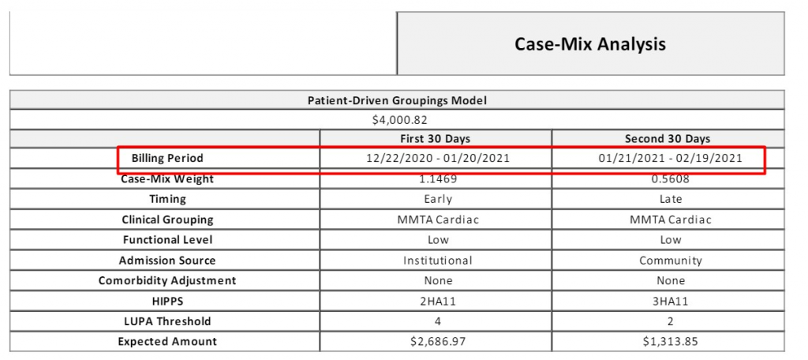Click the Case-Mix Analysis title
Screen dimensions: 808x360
590,44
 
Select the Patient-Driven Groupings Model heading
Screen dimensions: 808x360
397,100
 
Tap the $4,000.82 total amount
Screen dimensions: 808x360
399,120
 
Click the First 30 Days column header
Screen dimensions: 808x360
436,139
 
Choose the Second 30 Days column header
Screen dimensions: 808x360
668,139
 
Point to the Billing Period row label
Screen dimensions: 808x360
167,159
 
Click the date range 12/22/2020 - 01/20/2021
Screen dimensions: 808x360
437,159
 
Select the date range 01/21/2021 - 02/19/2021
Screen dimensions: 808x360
670,159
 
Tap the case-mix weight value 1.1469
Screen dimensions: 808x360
438,179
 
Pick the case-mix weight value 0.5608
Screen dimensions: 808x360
670,179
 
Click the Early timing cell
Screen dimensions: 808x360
438,199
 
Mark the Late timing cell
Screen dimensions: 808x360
670,199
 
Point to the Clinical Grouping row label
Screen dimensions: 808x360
167,219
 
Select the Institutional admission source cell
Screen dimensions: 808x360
437,261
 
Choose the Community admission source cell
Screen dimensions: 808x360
671,261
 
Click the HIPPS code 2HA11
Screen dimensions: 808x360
438,302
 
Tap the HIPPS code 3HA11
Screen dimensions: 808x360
670,302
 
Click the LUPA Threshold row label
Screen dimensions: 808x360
167,321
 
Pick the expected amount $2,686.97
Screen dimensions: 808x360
438,341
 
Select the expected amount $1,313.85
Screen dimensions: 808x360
670,341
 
